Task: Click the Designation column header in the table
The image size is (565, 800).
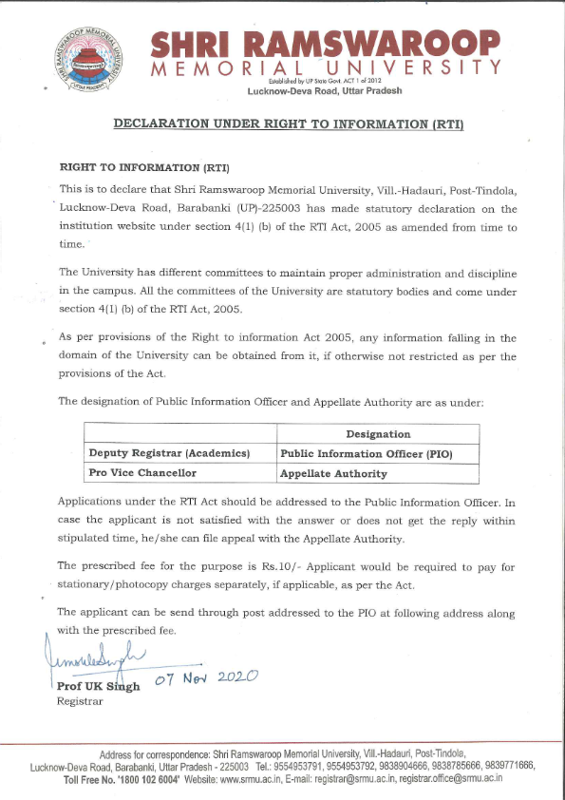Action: pos(378,434)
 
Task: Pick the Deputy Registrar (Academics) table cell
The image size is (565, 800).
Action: pos(169,453)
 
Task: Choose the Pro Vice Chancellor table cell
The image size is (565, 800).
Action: pos(142,472)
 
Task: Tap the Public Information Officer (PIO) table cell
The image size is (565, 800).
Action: pos(367,454)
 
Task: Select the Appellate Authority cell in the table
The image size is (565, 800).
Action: pos(333,473)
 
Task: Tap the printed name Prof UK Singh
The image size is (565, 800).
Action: pos(98,686)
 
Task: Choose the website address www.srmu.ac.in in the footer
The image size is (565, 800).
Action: pos(254,778)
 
